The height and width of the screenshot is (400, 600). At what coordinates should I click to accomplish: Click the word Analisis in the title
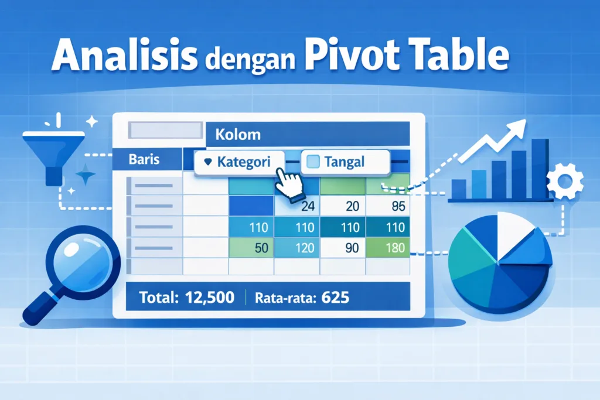point(125,55)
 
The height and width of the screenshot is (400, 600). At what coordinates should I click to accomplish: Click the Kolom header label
point(238,135)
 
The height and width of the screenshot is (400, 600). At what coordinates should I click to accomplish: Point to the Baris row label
point(144,159)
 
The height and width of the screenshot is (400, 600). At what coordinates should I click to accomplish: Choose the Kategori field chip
point(240,162)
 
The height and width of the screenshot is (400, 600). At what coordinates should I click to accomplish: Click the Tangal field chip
point(345,162)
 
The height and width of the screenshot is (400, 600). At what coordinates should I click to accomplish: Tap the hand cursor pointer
point(289,183)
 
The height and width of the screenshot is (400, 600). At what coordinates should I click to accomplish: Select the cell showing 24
point(297,206)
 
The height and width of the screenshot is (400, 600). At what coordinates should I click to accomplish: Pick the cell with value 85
point(388,206)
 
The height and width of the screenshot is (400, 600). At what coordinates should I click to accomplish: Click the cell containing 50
point(251,248)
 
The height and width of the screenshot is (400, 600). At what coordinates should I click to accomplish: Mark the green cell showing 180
point(388,248)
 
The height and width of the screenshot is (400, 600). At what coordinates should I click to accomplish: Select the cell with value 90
point(343,248)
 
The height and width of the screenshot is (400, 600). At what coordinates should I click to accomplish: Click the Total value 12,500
point(210,298)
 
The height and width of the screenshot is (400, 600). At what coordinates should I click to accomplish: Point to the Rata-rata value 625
point(335,298)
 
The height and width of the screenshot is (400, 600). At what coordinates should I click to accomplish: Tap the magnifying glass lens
point(83,262)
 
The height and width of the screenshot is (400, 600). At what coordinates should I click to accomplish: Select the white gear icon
point(565,181)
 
